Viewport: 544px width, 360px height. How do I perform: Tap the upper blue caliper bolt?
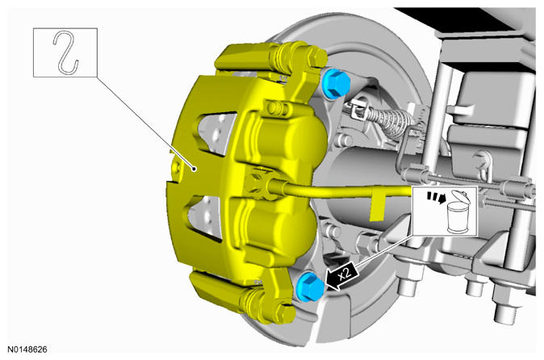336,83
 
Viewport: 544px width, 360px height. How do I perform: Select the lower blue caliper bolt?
309,287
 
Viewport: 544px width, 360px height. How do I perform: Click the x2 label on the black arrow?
345,273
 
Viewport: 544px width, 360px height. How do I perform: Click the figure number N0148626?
27,349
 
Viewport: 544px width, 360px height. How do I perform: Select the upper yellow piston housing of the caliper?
290,139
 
